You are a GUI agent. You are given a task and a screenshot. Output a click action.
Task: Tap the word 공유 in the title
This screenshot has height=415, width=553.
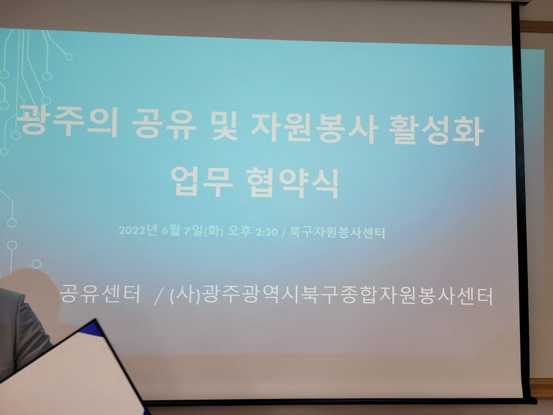point(164,123)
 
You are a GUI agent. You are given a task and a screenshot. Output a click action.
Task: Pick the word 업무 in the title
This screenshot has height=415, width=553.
point(202,181)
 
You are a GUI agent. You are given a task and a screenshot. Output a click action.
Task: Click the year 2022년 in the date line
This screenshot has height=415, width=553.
point(137,231)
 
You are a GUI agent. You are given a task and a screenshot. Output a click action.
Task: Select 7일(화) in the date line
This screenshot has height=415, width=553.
point(204,231)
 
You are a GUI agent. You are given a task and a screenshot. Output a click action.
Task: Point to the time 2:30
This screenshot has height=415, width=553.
point(267,232)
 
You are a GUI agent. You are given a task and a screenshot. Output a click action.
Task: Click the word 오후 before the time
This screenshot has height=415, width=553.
point(239,231)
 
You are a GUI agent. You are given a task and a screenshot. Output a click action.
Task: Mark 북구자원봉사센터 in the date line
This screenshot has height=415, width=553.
point(337,233)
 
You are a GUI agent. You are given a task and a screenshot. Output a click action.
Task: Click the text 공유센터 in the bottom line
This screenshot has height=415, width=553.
point(100,294)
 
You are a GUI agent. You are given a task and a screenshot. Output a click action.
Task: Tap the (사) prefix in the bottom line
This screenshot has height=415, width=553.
point(185,295)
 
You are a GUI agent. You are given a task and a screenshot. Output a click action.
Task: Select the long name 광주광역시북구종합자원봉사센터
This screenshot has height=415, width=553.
point(348,296)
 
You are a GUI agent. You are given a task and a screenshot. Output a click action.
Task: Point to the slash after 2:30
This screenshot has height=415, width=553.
point(283,233)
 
